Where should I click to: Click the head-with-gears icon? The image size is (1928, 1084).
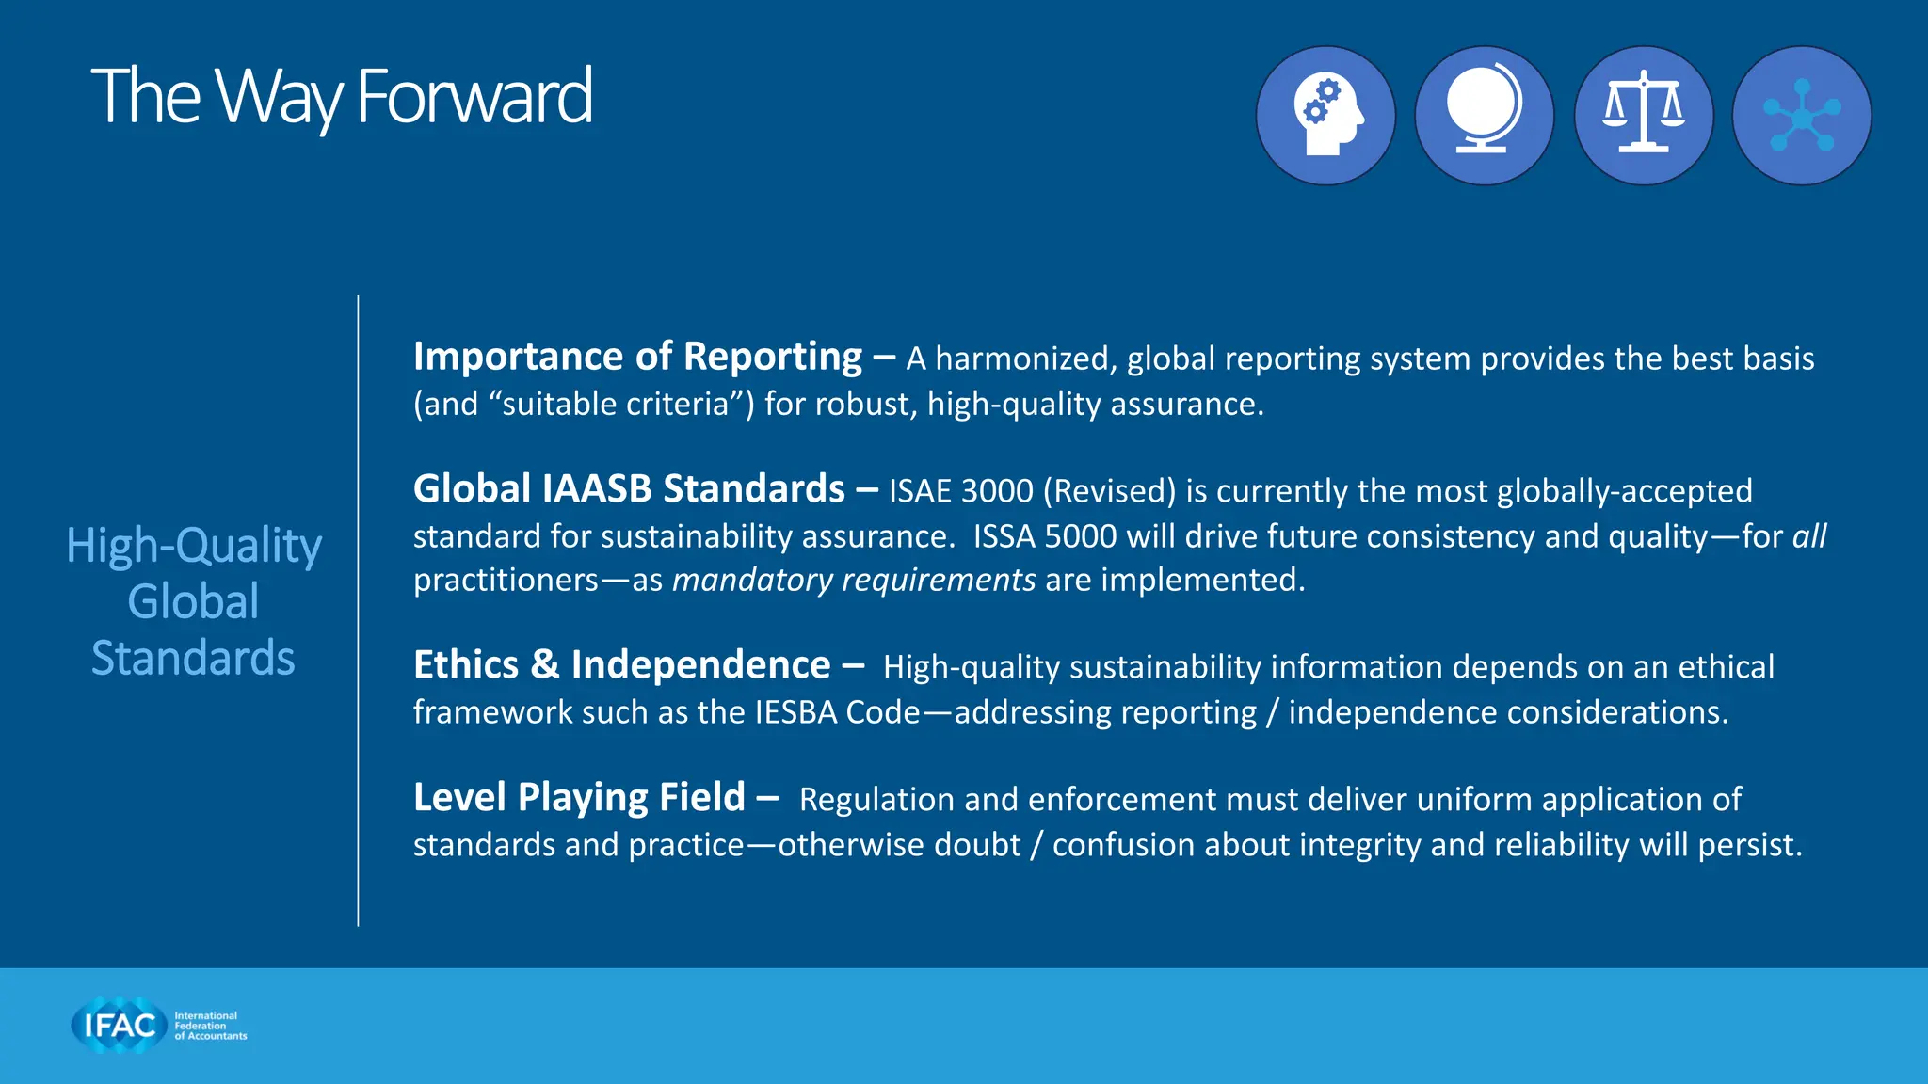1325,115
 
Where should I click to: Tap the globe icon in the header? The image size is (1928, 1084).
1484,115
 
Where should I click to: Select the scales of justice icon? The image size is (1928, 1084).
1643,115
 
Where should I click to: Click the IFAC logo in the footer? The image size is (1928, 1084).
158,1025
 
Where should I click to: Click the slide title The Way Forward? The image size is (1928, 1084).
341,97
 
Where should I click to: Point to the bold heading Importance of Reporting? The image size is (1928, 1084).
637,357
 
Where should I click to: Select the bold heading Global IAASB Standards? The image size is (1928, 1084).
629,489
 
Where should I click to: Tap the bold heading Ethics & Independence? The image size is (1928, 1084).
621,665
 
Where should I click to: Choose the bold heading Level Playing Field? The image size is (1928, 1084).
579,798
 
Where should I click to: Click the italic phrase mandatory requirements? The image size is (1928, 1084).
854,580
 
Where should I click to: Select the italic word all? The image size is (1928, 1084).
1808,536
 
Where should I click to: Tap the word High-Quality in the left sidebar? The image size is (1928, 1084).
194,546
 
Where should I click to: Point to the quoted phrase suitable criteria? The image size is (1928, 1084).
617,404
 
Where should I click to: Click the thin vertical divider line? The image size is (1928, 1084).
358,612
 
